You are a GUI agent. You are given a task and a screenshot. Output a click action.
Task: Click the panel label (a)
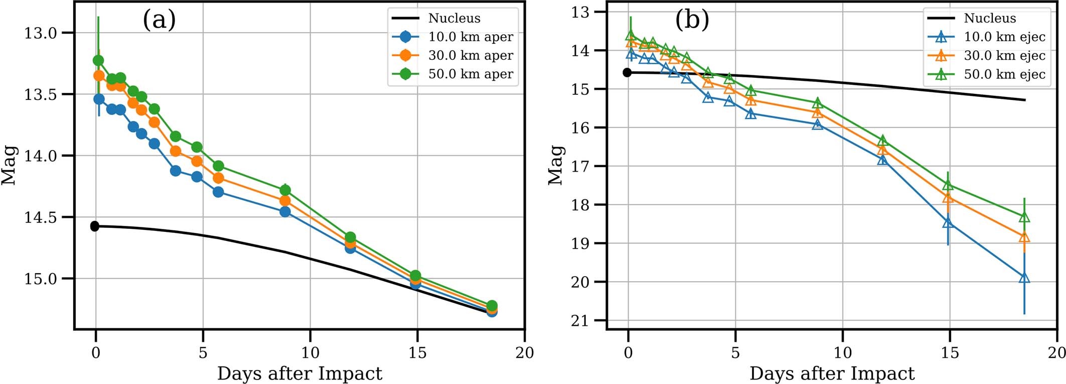159,21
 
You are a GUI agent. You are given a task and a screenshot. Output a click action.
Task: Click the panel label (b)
692,21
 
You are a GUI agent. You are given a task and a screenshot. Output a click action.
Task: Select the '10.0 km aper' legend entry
470,37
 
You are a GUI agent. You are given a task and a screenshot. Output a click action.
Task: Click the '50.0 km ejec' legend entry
1004,74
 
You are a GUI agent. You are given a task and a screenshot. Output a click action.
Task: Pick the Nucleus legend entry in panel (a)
454,18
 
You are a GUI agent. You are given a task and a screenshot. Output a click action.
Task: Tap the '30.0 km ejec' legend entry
1004,55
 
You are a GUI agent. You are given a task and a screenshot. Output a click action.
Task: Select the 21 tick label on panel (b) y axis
582,321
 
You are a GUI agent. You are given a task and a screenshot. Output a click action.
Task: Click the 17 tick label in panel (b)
582,166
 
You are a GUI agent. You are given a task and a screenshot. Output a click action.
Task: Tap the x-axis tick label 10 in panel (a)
310,353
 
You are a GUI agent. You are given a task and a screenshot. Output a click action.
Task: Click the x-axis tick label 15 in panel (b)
950,353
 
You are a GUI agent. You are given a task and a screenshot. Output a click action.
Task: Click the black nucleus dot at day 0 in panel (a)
94,226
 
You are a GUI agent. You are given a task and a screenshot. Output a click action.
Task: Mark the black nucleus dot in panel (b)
627,73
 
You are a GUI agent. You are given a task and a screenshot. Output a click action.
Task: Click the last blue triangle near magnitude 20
1024,278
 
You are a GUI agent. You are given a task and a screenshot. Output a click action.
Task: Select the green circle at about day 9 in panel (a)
285,190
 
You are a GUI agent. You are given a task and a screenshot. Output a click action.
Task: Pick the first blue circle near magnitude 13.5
99,99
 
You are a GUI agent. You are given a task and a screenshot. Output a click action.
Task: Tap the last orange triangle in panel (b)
1024,237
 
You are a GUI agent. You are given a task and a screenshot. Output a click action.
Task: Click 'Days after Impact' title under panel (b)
832,374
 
